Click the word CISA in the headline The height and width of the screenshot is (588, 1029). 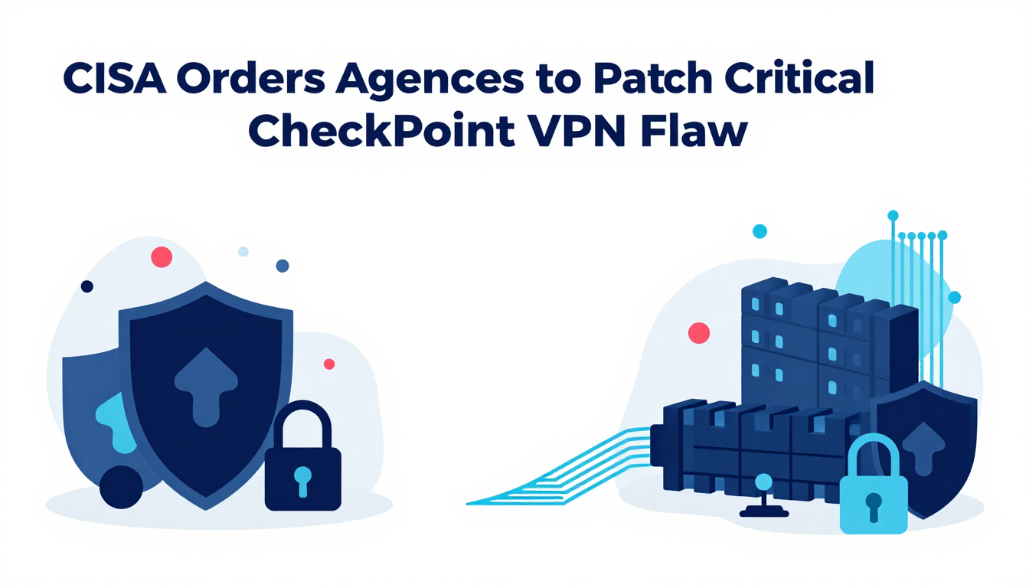[114, 79]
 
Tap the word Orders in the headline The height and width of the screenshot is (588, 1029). [251, 79]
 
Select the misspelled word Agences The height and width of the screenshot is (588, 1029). [430, 80]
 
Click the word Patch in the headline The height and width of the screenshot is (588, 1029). [653, 79]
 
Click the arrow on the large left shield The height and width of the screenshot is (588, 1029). [206, 387]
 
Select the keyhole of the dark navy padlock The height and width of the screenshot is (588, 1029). [302, 481]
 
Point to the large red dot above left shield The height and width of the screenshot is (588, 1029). [162, 257]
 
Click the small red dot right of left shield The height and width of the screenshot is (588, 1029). [329, 364]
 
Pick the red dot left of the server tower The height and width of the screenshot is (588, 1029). [699, 333]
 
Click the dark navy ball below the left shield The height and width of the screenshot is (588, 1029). [121, 487]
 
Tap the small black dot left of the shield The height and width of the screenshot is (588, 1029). [87, 286]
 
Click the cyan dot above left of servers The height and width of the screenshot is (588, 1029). [759, 231]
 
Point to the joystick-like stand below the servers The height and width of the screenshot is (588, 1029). [764, 496]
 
